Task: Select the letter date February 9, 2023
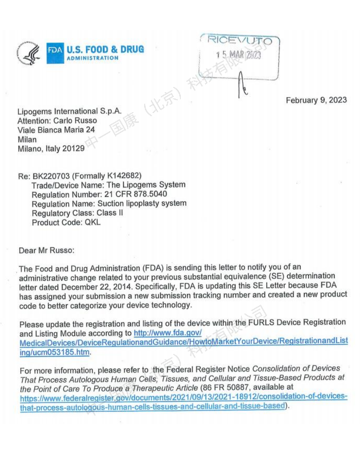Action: coord(316,100)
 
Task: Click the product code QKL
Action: coord(93,222)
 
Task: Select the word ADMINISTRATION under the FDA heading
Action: coord(93,58)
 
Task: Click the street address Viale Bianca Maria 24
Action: coord(56,130)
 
